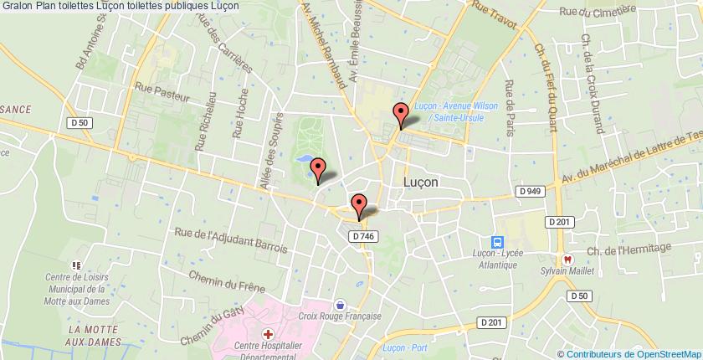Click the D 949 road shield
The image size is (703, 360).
[530, 192]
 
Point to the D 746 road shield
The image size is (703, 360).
[362, 237]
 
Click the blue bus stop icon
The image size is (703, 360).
[496, 240]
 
